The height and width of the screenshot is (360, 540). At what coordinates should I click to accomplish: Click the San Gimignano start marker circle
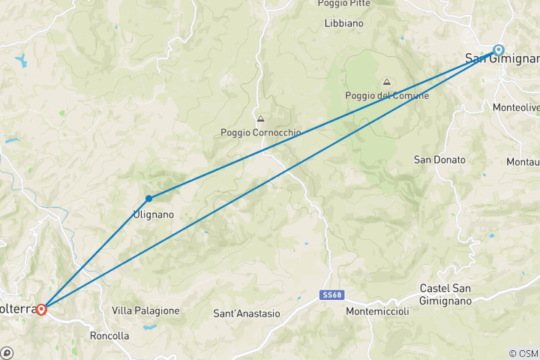point(499,50)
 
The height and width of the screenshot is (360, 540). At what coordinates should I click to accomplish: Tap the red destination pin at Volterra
point(41,309)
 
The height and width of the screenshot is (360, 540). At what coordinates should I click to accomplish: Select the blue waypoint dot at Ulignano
point(149,198)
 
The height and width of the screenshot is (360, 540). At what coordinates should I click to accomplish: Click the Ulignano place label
point(153,214)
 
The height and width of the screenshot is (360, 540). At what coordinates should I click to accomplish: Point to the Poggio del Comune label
point(387,95)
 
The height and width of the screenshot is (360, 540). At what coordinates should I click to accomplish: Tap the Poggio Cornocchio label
point(260,133)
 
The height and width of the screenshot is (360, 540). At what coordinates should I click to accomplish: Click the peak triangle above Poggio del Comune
point(387,82)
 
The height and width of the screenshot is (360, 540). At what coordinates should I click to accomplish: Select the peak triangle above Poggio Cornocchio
point(260,118)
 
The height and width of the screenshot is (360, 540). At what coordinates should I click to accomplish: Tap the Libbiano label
point(344,23)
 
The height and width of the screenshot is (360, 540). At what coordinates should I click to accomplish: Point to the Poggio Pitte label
point(344,4)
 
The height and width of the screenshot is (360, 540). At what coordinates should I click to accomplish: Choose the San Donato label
point(439,160)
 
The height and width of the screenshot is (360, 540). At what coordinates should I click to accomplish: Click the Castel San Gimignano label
point(445,295)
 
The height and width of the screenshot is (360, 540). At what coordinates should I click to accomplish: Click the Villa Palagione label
point(145,310)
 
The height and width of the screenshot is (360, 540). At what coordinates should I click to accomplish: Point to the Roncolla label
point(109,335)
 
